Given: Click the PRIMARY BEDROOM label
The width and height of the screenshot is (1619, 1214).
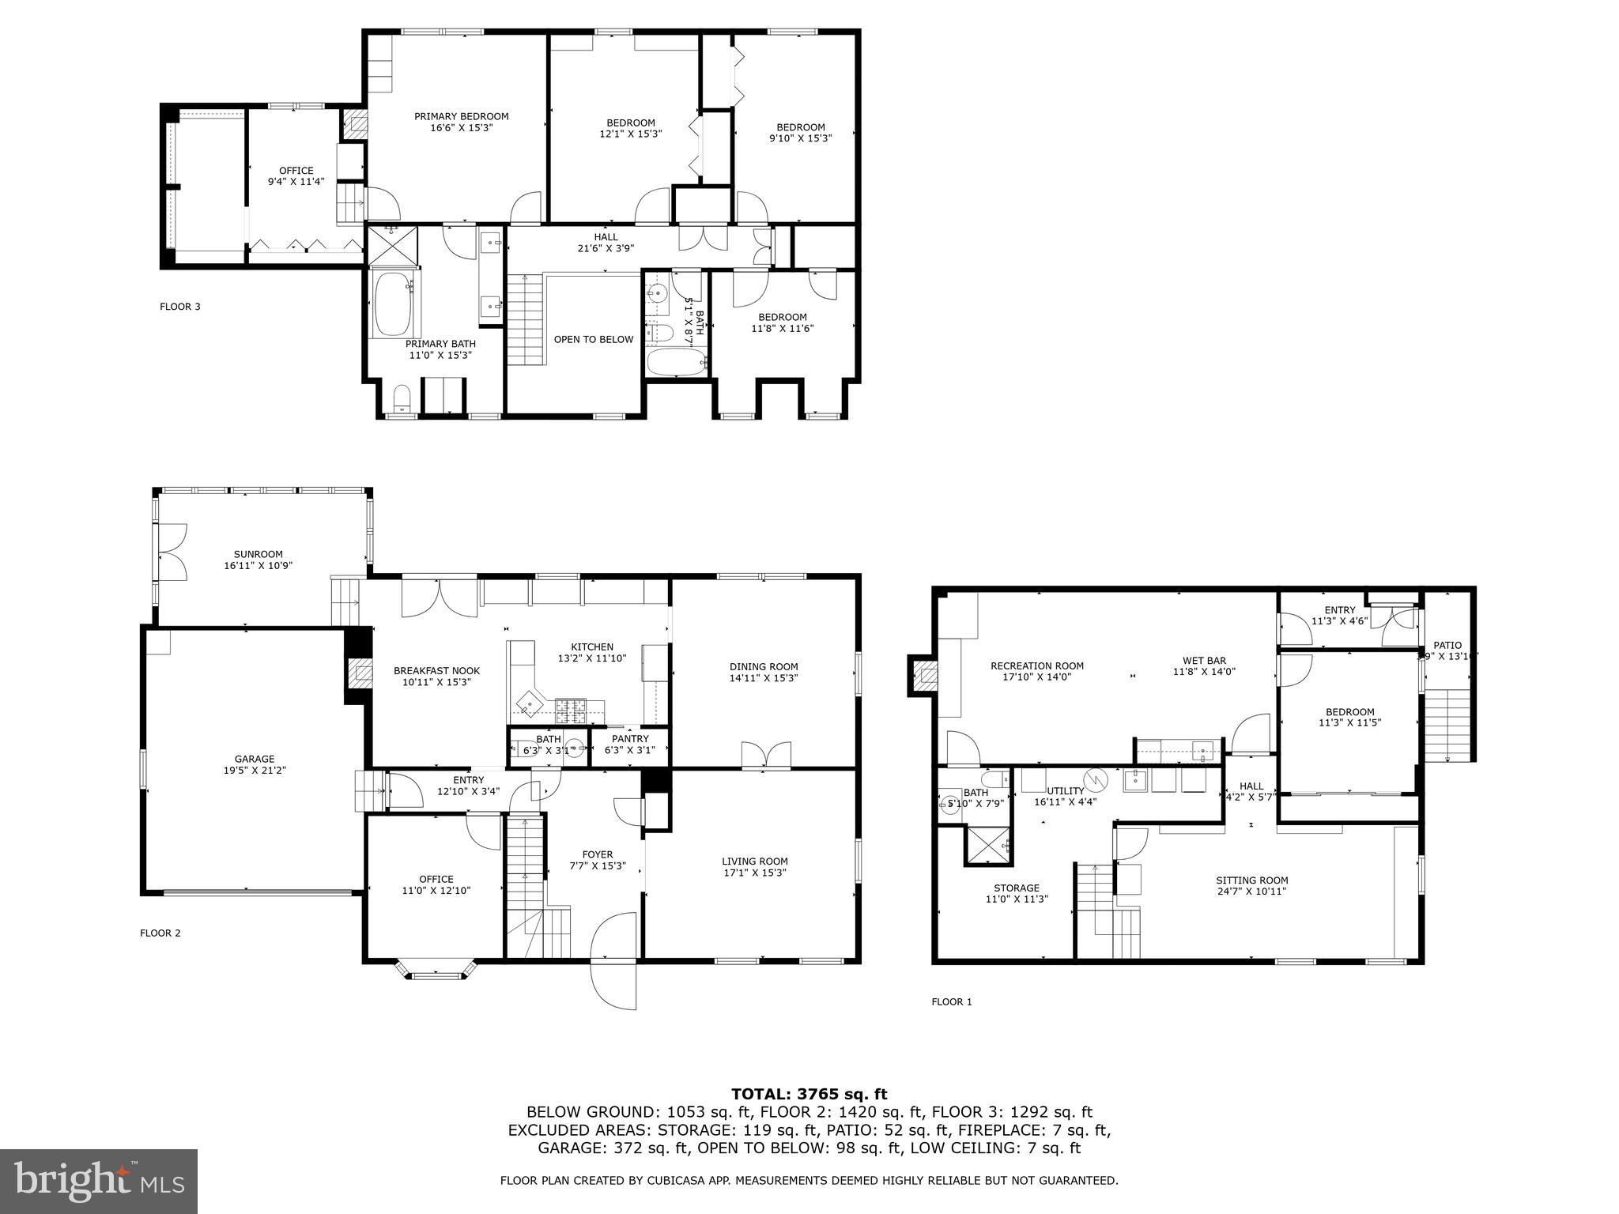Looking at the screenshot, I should [x=461, y=117].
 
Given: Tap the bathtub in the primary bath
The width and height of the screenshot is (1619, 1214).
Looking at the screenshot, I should [x=393, y=304].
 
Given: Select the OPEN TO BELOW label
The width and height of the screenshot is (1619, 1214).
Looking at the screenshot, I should [x=593, y=340].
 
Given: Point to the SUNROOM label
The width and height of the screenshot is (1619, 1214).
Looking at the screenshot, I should [x=258, y=555].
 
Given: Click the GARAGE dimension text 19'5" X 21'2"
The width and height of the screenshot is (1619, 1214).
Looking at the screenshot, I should [x=255, y=769].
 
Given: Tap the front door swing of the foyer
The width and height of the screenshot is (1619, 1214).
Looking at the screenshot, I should [x=614, y=960].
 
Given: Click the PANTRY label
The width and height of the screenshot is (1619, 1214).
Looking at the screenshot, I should [x=629, y=739].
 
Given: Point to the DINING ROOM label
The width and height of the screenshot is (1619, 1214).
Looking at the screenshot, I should [x=763, y=667].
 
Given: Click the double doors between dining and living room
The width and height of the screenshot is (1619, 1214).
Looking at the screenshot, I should [x=766, y=755].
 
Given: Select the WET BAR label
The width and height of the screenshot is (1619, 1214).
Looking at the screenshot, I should [x=1204, y=661].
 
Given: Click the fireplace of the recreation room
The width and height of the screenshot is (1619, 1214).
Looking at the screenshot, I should [x=924, y=676].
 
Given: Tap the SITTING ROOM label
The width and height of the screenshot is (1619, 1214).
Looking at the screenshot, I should [x=1251, y=880].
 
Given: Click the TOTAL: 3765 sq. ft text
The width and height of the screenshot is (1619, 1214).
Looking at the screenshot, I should [x=809, y=1095].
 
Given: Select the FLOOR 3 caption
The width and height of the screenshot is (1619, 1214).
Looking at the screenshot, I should [x=179, y=307].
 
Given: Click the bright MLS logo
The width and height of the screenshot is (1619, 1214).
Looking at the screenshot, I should [x=99, y=1181].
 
